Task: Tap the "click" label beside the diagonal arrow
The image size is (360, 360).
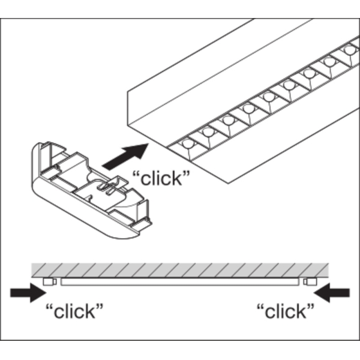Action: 160,179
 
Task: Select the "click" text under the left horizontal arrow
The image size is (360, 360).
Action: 74,311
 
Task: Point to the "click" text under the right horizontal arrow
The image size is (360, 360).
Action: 285,311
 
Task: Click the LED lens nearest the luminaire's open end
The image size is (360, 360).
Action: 188,145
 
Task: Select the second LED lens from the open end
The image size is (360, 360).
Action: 208,131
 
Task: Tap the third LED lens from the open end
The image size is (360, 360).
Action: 228,119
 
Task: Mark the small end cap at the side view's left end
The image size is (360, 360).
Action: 49,281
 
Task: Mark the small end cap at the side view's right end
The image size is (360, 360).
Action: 310,281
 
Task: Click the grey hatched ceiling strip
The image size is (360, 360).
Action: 180,269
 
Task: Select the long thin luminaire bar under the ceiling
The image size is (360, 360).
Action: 180,281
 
